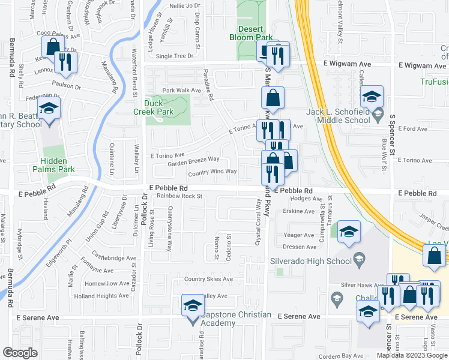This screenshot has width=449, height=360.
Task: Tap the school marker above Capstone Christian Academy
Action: click(193, 305)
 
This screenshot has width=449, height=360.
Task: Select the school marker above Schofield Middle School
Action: click(372, 96)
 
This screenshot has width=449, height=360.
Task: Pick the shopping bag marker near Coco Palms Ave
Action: click(53, 46)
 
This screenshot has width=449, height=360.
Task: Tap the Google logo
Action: click(20, 352)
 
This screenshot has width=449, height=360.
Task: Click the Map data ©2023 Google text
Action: click(412, 355)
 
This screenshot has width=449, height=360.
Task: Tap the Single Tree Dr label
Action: click(175, 56)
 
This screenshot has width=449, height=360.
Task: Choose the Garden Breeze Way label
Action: click(193, 161)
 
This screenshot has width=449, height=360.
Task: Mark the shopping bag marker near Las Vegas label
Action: click(434, 256)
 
